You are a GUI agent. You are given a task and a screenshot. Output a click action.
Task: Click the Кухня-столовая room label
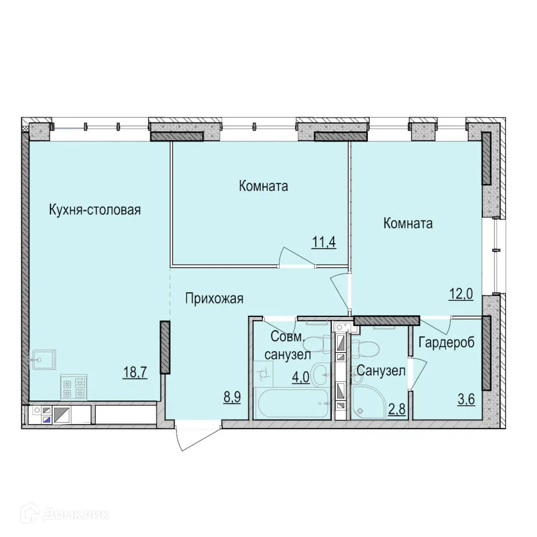[x=95, y=209]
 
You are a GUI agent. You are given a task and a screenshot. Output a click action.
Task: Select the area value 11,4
[x=324, y=242]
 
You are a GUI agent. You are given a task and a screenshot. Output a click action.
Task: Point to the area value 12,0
[x=461, y=295]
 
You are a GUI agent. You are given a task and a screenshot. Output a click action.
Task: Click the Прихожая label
[x=214, y=299]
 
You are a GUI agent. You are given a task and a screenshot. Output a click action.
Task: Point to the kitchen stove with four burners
[x=74, y=387]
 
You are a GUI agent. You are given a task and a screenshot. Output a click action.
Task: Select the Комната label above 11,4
[x=263, y=186]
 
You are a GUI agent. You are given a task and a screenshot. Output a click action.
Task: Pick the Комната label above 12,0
[x=408, y=223]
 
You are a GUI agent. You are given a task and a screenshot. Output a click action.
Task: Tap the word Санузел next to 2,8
[x=381, y=371]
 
